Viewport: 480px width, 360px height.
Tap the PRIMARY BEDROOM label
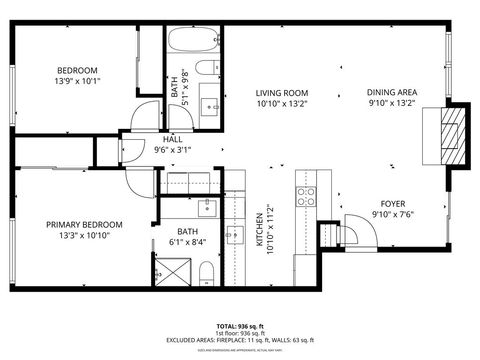pos(84,224)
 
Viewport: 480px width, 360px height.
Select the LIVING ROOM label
pos(279,92)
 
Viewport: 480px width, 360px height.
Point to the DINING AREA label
pos(391,92)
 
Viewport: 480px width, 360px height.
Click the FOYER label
pos(391,200)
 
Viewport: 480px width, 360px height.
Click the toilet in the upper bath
pos(205,69)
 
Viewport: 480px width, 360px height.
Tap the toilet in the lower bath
pos(204,272)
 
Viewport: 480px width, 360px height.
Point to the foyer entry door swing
pos(357,232)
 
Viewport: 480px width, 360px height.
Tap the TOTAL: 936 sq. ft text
pos(239,327)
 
